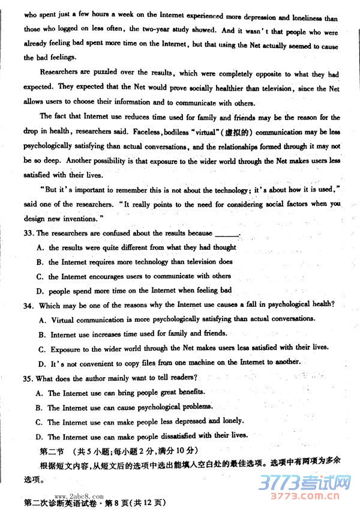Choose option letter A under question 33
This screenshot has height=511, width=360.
pyautogui.click(x=40, y=247)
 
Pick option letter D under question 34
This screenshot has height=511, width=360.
pyautogui.click(x=41, y=363)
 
